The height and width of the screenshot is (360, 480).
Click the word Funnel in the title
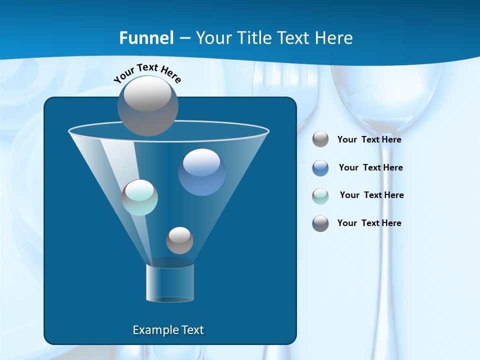pyautogui.click(x=146, y=37)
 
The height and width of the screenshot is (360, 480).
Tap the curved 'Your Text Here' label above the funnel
pyautogui.click(x=147, y=72)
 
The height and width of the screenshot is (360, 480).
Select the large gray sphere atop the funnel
pyautogui.click(x=147, y=105)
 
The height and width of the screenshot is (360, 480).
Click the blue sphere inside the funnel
pyautogui.click(x=201, y=172)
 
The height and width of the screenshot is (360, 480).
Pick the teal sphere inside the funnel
pyautogui.click(x=140, y=197)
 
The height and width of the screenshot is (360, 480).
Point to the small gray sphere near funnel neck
pyautogui.click(x=179, y=240)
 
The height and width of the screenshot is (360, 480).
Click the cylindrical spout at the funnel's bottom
pyautogui.click(x=170, y=283)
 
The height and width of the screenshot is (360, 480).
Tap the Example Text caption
pyautogui.click(x=168, y=330)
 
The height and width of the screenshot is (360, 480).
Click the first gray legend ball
pyautogui.click(x=320, y=139)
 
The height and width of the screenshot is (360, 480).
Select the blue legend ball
pyautogui.click(x=320, y=167)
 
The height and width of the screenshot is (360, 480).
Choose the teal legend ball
pyautogui.click(x=320, y=195)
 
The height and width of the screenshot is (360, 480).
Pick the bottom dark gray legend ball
pyautogui.click(x=320, y=223)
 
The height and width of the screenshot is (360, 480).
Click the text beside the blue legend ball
pyautogui.click(x=370, y=167)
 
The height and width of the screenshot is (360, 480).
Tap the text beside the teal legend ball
pyautogui.click(x=371, y=195)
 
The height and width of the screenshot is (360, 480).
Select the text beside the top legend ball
pyautogui.click(x=369, y=139)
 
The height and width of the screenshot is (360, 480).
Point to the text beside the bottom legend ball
pyautogui.click(x=369, y=223)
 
